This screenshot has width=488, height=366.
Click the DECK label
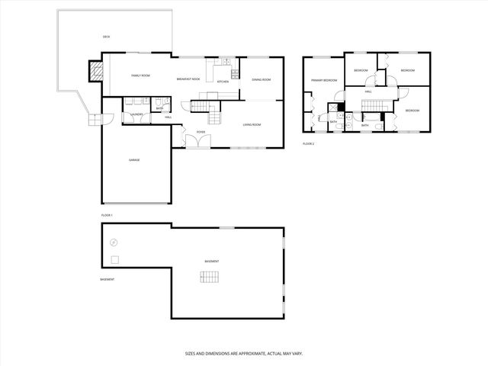point(106,37)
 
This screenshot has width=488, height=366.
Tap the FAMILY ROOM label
point(140,75)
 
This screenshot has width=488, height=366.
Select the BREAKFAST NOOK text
point(188,79)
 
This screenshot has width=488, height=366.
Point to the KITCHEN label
point(223,82)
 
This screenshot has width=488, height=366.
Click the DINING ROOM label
point(262,79)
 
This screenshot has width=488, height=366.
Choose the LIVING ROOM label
point(252,124)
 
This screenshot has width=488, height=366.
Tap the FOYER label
point(201,132)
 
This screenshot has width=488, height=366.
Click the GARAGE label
point(134,159)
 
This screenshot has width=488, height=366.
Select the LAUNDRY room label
point(136,115)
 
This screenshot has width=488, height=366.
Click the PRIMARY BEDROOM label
point(323,80)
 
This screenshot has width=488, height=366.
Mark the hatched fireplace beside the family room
point(95,71)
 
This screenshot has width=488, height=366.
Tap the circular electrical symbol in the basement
point(114,242)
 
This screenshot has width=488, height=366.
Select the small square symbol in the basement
point(114,260)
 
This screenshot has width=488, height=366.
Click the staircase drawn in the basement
point(210,277)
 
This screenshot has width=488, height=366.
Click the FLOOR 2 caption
point(308,143)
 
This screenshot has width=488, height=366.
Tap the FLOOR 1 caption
point(107,216)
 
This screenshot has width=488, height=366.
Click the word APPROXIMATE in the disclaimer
point(242,354)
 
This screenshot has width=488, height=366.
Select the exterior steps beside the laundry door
point(94,119)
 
